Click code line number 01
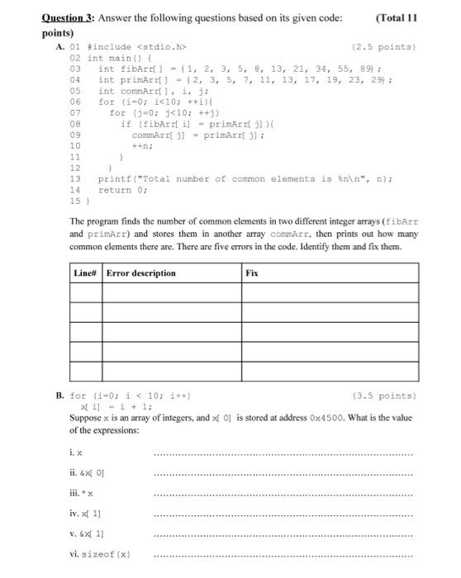coord(74,48)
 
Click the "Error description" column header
coord(140,272)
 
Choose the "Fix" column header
coord(252,272)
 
